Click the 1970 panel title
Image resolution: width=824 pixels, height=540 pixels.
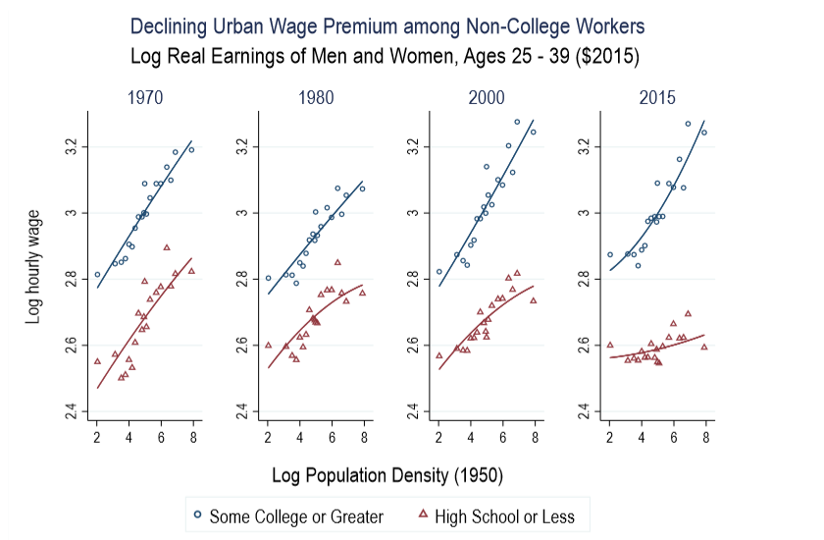pyautogui.click(x=145, y=98)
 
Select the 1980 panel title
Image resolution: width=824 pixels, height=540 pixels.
pyautogui.click(x=316, y=98)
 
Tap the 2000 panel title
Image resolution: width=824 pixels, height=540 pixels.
pyautogui.click(x=487, y=98)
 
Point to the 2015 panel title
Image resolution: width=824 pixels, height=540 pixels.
pyautogui.click(x=657, y=98)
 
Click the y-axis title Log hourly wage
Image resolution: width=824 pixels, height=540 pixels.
pyautogui.click(x=31, y=262)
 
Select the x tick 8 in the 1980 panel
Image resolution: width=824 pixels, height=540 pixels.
pyautogui.click(x=363, y=435)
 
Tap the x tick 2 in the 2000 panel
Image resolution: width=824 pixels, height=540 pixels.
pyautogui.click(x=438, y=435)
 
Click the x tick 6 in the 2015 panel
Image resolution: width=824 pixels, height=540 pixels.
pyautogui.click(x=673, y=435)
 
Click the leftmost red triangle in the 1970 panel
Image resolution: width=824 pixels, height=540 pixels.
pyautogui.click(x=97, y=360)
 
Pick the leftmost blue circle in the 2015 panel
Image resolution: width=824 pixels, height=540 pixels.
pyautogui.click(x=609, y=254)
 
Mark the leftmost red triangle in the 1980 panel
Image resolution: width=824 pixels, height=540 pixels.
pyautogui.click(x=268, y=345)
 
